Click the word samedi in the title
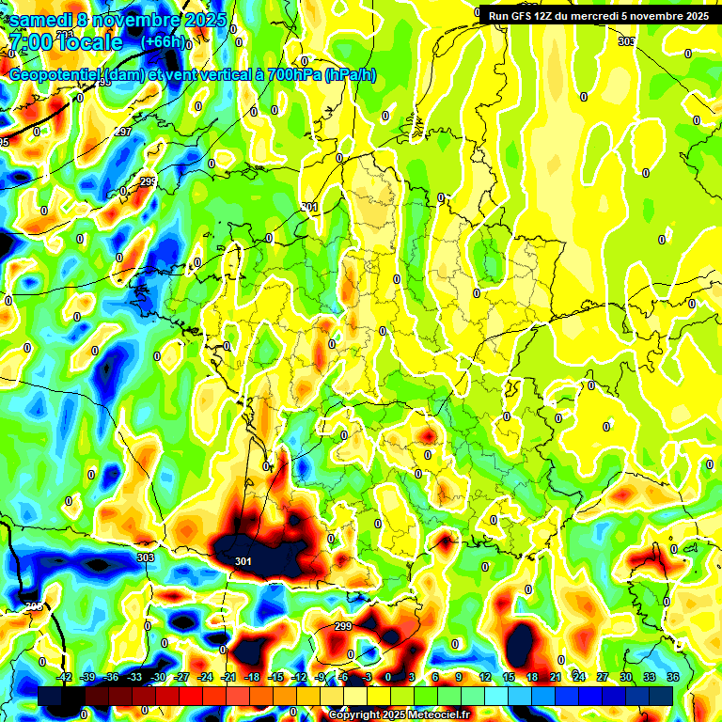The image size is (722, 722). point(43,20)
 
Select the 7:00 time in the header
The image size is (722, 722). point(34,42)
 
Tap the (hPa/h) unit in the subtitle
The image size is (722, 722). point(350,75)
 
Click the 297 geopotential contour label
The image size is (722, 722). point(122,132)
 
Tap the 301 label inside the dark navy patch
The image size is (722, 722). point(243,561)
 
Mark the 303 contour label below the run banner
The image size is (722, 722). point(626,42)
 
